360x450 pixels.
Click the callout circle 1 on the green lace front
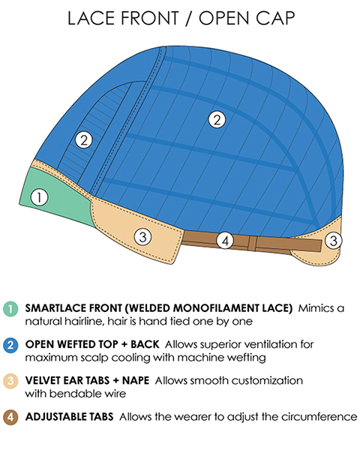39,197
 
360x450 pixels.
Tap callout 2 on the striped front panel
84,140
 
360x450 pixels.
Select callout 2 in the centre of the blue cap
217,119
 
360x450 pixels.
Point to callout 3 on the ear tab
142,237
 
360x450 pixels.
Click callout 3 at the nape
334,240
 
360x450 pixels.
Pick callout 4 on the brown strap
225,241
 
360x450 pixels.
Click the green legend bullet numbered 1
10,309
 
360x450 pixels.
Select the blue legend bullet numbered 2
10,345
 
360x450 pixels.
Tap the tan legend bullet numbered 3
10,381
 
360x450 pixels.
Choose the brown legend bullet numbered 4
10,417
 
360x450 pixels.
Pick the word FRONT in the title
149,18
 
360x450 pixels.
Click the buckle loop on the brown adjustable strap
252,243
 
